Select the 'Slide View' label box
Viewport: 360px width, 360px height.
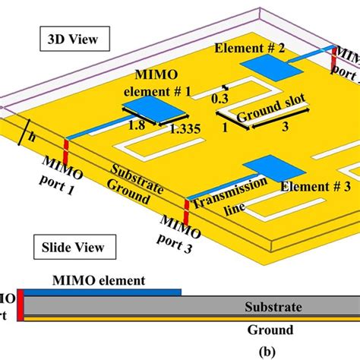coord(74,246)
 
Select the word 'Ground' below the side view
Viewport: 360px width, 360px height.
coord(269,330)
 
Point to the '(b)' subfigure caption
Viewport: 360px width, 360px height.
coord(181,351)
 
